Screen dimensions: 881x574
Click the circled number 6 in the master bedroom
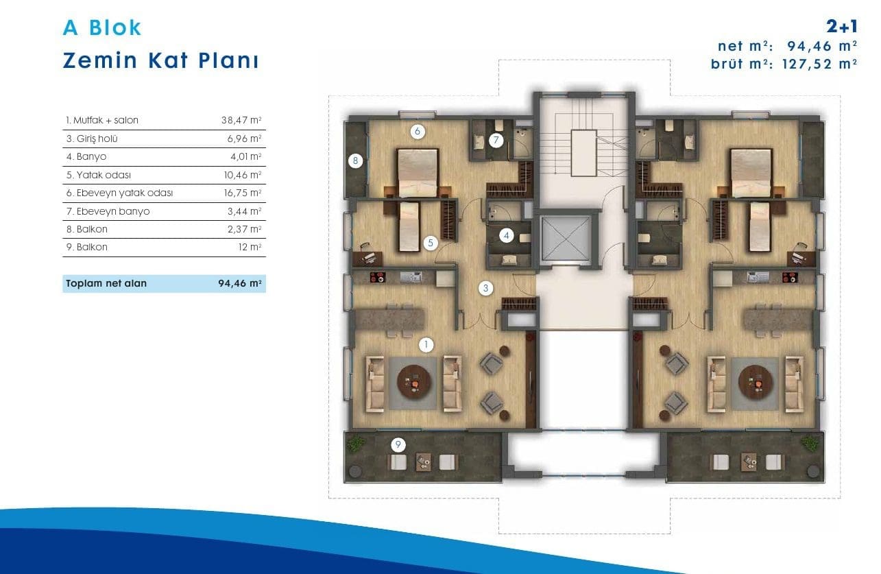(x=418, y=132)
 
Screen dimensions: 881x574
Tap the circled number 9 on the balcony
(x=398, y=445)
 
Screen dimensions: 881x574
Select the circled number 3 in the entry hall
(x=485, y=289)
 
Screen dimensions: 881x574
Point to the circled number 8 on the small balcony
(x=356, y=160)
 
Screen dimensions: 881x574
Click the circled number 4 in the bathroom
(x=506, y=236)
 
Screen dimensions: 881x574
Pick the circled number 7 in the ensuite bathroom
(x=496, y=140)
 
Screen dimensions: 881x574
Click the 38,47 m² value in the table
(x=241, y=120)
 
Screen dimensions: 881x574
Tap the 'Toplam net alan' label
(x=106, y=283)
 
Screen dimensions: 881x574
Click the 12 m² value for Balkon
(x=250, y=247)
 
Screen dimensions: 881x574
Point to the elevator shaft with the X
(x=566, y=239)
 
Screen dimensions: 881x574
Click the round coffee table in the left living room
(x=414, y=382)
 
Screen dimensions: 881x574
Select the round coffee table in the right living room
(x=756, y=382)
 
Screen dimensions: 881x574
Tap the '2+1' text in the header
(x=842, y=26)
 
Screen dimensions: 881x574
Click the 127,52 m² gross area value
(x=820, y=64)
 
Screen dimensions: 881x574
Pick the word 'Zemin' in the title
(x=100, y=61)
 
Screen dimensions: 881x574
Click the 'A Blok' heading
(x=102, y=28)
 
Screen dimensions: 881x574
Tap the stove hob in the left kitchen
(x=378, y=277)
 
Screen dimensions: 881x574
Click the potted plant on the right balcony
(x=810, y=444)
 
